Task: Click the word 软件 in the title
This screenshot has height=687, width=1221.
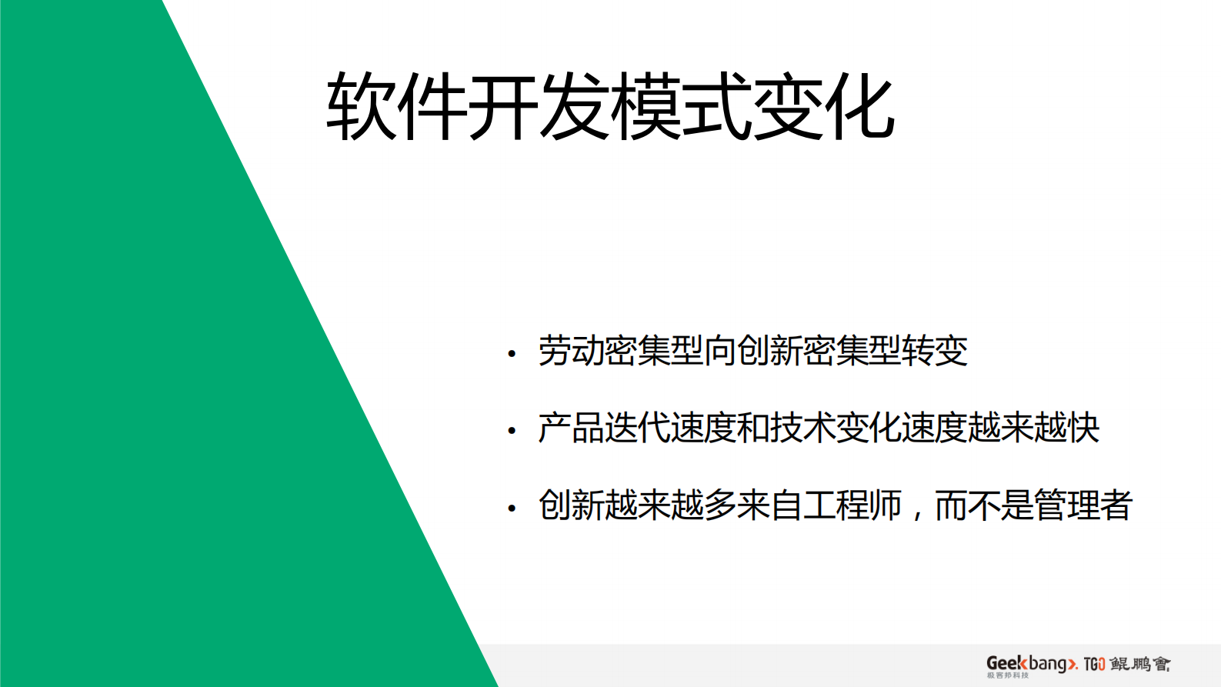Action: point(397,106)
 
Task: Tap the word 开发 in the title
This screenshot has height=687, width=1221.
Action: point(539,106)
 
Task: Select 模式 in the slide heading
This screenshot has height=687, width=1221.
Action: point(680,106)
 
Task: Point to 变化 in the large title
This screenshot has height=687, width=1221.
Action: point(823,106)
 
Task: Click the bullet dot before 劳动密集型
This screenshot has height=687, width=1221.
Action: point(512,354)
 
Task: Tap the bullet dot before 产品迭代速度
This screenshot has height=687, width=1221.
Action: point(512,431)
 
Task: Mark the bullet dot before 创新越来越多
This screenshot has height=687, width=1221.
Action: point(512,509)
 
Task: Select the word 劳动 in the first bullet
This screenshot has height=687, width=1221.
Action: point(572,351)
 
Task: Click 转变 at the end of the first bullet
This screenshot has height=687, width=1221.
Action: point(935,351)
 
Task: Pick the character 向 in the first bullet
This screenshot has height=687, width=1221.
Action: point(720,351)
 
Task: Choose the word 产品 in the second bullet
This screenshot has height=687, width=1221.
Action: point(572,428)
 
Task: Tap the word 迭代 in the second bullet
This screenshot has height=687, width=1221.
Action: point(637,428)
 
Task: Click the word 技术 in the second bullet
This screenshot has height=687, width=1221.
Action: point(802,428)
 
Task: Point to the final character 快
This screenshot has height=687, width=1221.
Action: point(1083,428)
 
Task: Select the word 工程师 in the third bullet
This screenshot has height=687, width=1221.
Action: point(852,505)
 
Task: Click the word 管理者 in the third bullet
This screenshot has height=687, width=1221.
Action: point(1083,505)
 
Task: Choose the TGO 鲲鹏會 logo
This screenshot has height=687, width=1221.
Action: point(1127,664)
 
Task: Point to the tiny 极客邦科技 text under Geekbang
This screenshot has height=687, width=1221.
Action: point(1007,675)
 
